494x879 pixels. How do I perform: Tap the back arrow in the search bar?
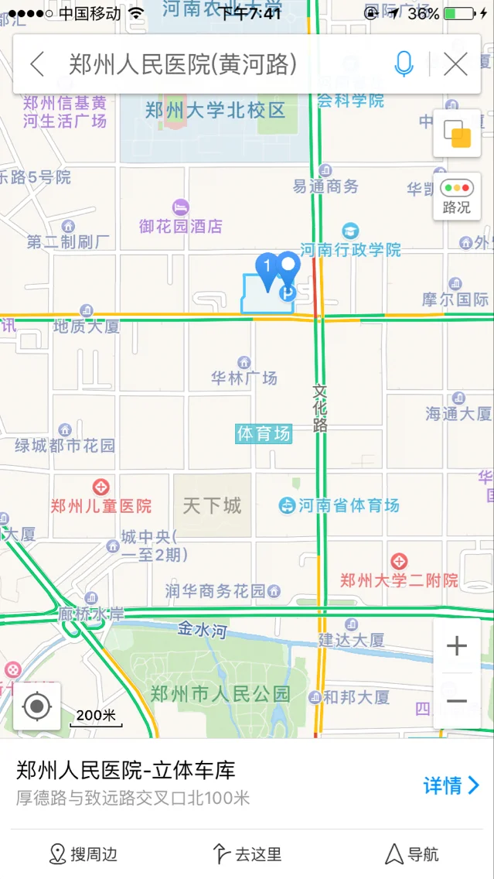click(x=37, y=64)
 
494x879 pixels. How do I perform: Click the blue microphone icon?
click(x=404, y=64)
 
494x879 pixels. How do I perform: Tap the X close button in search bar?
click(x=456, y=64)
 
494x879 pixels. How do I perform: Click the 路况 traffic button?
click(x=456, y=197)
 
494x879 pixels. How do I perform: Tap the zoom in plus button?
click(x=457, y=646)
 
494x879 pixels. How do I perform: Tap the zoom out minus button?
click(x=457, y=702)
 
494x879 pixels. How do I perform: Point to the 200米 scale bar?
click(x=96, y=717)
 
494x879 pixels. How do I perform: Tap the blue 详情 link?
click(x=451, y=785)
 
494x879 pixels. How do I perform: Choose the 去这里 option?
click(x=247, y=854)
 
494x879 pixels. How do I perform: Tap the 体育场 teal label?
click(x=264, y=433)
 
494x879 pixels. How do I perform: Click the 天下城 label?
click(x=212, y=506)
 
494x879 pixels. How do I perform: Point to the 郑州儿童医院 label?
click(x=101, y=506)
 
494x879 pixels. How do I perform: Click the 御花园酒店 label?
click(x=181, y=226)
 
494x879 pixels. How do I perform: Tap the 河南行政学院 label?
click(x=350, y=249)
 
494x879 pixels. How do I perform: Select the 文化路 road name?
click(x=321, y=408)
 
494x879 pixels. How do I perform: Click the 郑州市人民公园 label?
click(x=220, y=693)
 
